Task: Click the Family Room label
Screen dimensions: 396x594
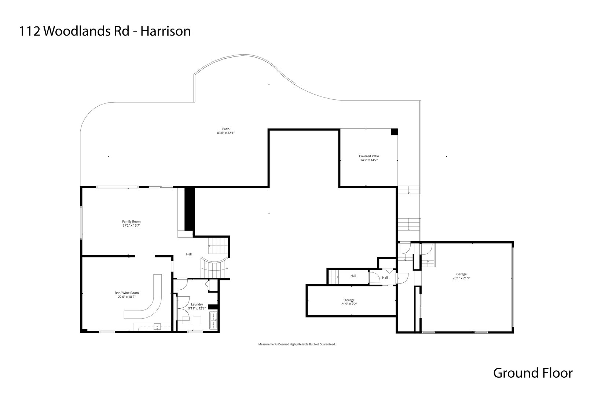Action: pyautogui.click(x=131, y=221)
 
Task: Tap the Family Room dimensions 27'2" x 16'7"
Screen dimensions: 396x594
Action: pyautogui.click(x=131, y=226)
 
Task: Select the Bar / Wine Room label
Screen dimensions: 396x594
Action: pyautogui.click(x=126, y=293)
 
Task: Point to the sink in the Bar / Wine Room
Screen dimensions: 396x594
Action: pyautogui.click(x=158, y=326)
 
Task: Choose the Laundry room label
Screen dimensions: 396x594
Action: pyautogui.click(x=197, y=304)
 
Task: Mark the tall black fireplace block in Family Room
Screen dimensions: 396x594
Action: pyautogui.click(x=189, y=209)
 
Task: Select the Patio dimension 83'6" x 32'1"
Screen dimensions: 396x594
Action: pyautogui.click(x=225, y=133)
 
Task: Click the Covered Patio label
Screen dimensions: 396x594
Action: pyautogui.click(x=369, y=156)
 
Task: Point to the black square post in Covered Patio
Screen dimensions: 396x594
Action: pyautogui.click(x=394, y=132)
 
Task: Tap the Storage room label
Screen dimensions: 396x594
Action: pyautogui.click(x=349, y=300)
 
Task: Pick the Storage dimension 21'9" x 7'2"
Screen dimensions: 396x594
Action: pyautogui.click(x=349, y=304)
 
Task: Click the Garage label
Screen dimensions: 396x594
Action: pyautogui.click(x=461, y=274)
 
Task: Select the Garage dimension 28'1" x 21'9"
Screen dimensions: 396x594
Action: pyautogui.click(x=461, y=278)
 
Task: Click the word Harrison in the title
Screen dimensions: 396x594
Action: pyautogui.click(x=166, y=31)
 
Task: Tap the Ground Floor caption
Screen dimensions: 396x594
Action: pyautogui.click(x=532, y=373)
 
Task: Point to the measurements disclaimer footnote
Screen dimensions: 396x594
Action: pyautogui.click(x=297, y=344)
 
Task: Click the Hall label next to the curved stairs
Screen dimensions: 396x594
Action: pyautogui.click(x=189, y=254)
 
